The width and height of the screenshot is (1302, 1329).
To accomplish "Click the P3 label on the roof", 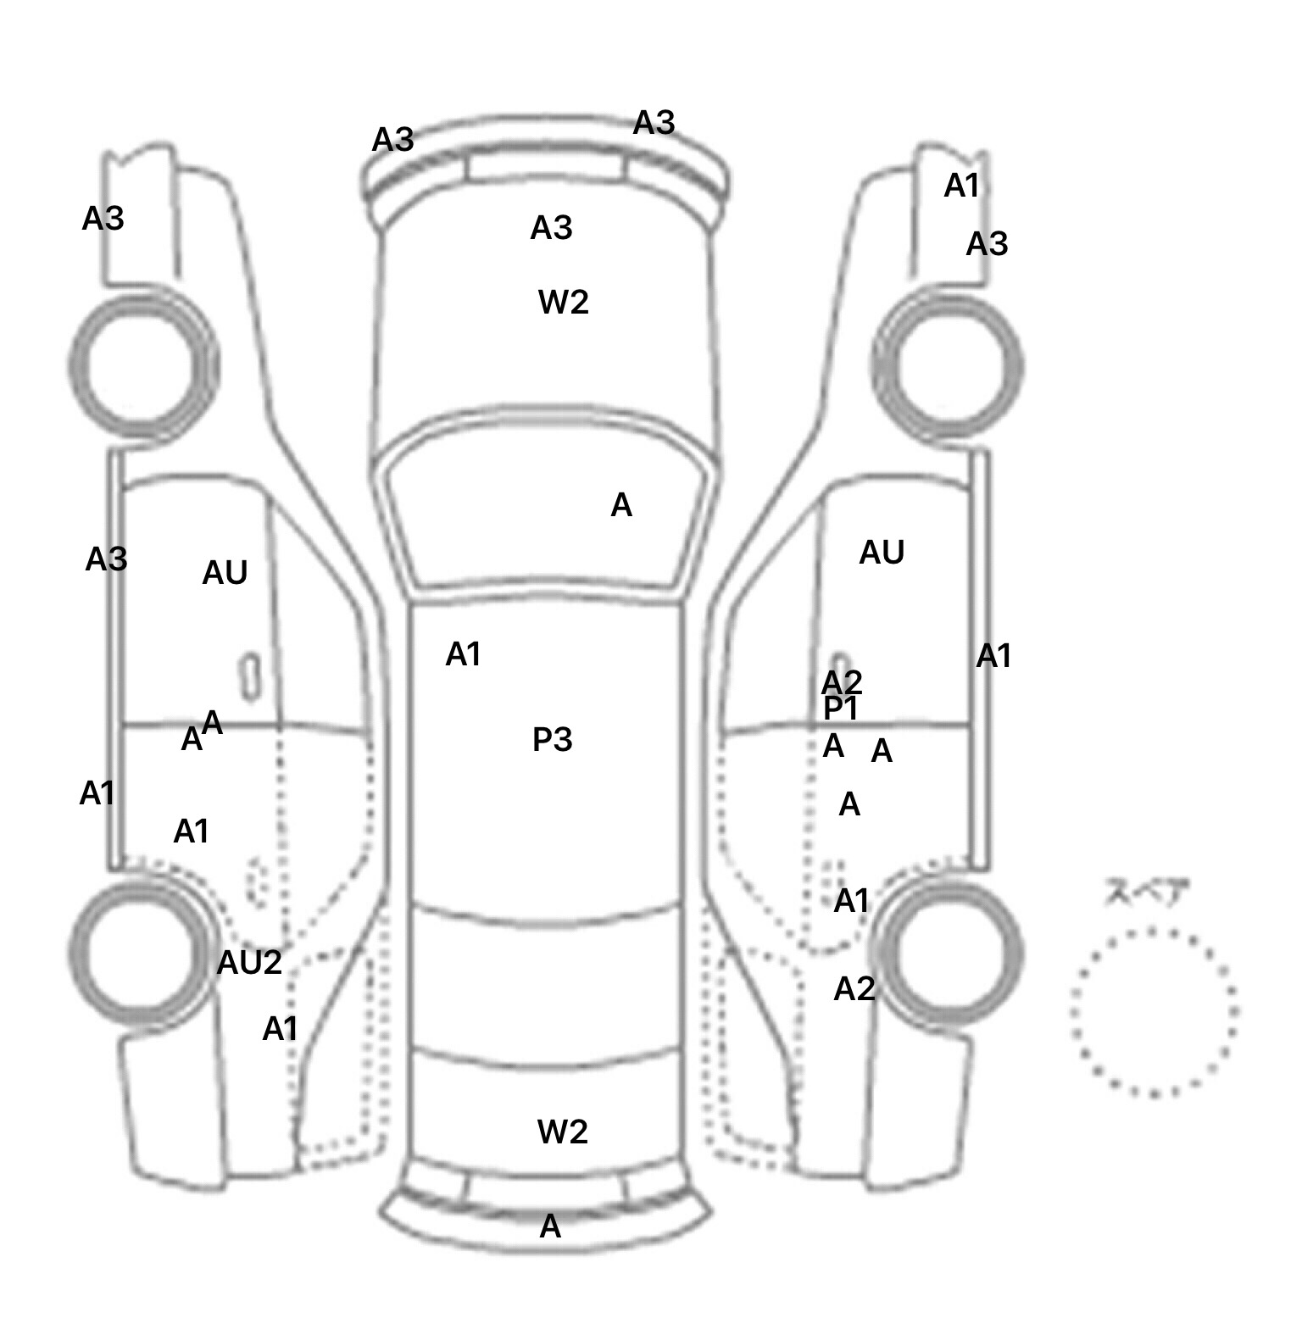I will (x=552, y=740).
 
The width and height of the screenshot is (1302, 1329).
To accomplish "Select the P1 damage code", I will (x=841, y=709).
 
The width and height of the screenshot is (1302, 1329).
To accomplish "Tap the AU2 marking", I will (x=249, y=963).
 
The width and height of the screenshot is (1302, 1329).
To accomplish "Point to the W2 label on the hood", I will (x=564, y=302).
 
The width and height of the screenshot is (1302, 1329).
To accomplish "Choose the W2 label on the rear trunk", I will (x=562, y=1132).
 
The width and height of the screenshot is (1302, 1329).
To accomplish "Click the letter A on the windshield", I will (x=621, y=506).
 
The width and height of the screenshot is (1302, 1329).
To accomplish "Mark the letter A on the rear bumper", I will (x=550, y=1226).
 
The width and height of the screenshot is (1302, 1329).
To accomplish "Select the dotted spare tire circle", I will (x=1154, y=1012).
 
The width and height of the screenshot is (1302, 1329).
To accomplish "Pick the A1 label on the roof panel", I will (x=464, y=654).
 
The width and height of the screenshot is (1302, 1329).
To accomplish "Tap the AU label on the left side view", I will (x=225, y=574).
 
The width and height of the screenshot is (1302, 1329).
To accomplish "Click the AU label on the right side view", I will (x=882, y=553).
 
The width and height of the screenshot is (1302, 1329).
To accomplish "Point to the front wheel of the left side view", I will (x=142, y=365).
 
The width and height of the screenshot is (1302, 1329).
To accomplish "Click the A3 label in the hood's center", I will (x=552, y=228).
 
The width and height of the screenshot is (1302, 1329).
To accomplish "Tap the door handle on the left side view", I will (x=250, y=676).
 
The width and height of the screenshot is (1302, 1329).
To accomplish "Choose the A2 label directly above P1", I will (x=842, y=681).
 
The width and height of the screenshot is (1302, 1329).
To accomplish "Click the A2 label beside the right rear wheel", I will (x=854, y=989).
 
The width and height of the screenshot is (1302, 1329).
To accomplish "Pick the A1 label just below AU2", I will (x=281, y=1029).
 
